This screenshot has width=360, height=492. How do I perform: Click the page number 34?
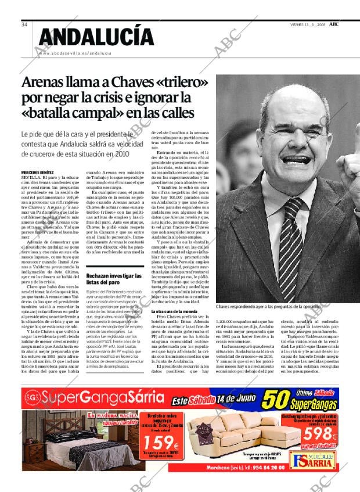click(x=24, y=24)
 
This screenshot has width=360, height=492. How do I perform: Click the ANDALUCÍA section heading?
click(x=96, y=38)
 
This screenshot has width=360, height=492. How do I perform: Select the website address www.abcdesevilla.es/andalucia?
click(x=74, y=53)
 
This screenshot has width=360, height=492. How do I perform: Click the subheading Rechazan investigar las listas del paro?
click(x=113, y=278)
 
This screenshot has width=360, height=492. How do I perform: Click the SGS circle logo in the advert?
click(x=33, y=399)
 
